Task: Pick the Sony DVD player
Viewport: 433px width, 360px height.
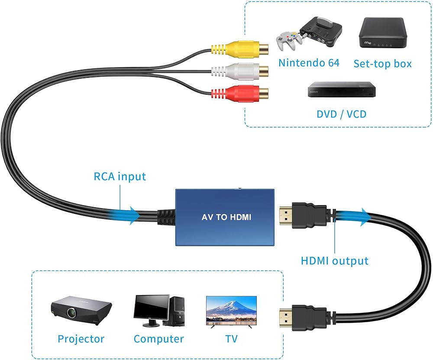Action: (x=342, y=90)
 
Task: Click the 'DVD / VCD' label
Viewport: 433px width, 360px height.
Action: (x=341, y=114)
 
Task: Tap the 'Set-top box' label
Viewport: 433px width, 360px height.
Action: (x=382, y=64)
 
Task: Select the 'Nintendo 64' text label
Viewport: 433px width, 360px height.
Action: (x=309, y=63)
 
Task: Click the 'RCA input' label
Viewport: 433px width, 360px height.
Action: (x=120, y=177)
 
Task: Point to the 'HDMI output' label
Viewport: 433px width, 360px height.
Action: (x=334, y=261)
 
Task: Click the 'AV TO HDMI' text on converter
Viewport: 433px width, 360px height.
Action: (x=226, y=217)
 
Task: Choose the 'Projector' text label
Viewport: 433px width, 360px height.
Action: (x=81, y=339)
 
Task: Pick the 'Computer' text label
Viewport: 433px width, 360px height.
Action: (x=158, y=339)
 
